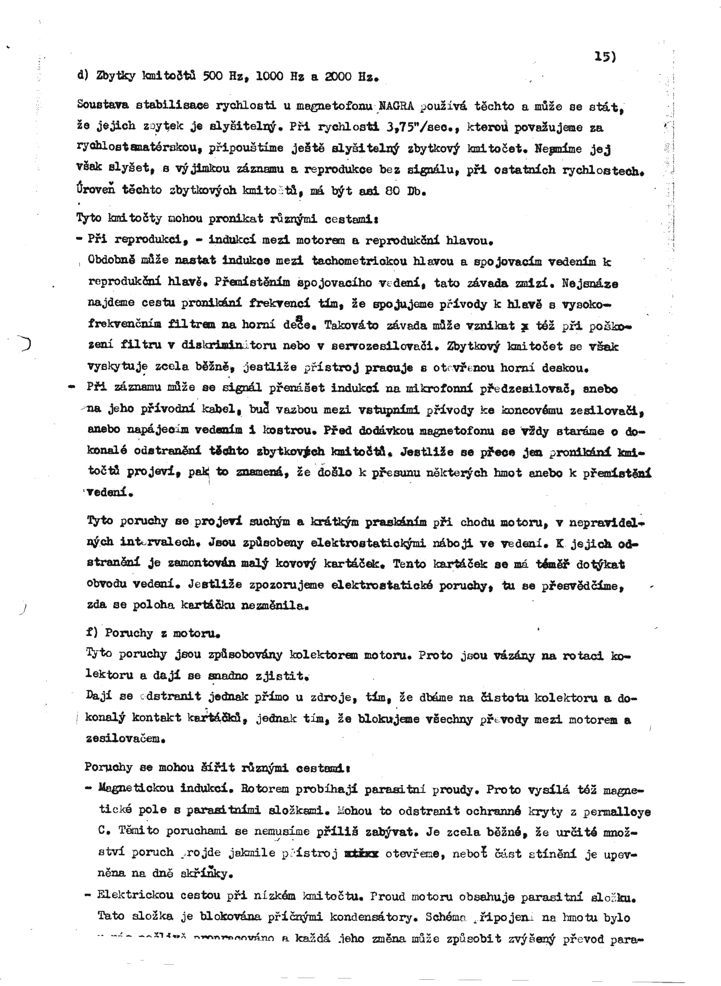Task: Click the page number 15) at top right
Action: [605, 57]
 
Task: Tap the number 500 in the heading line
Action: [213, 77]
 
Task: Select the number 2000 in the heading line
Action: [338, 77]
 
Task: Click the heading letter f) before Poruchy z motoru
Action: [92, 633]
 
